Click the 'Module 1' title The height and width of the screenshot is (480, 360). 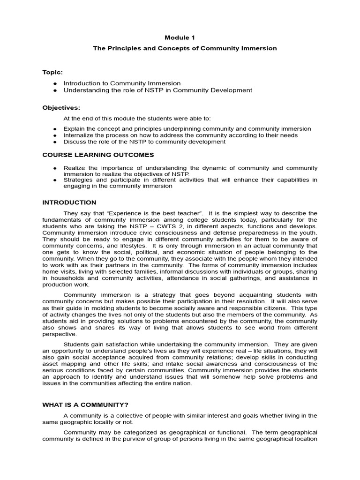point(180,37)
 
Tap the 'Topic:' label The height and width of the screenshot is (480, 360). point(52,72)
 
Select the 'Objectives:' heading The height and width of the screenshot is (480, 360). point(61,107)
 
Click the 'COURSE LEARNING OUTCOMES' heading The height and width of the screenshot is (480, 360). point(98,155)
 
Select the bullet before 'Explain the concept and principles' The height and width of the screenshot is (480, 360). point(55,129)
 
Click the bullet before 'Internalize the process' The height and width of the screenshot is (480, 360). point(55,135)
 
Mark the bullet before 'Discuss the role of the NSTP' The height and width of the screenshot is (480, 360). point(55,142)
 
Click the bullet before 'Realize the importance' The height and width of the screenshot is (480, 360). point(55,168)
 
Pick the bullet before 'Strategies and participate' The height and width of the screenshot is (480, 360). point(55,180)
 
